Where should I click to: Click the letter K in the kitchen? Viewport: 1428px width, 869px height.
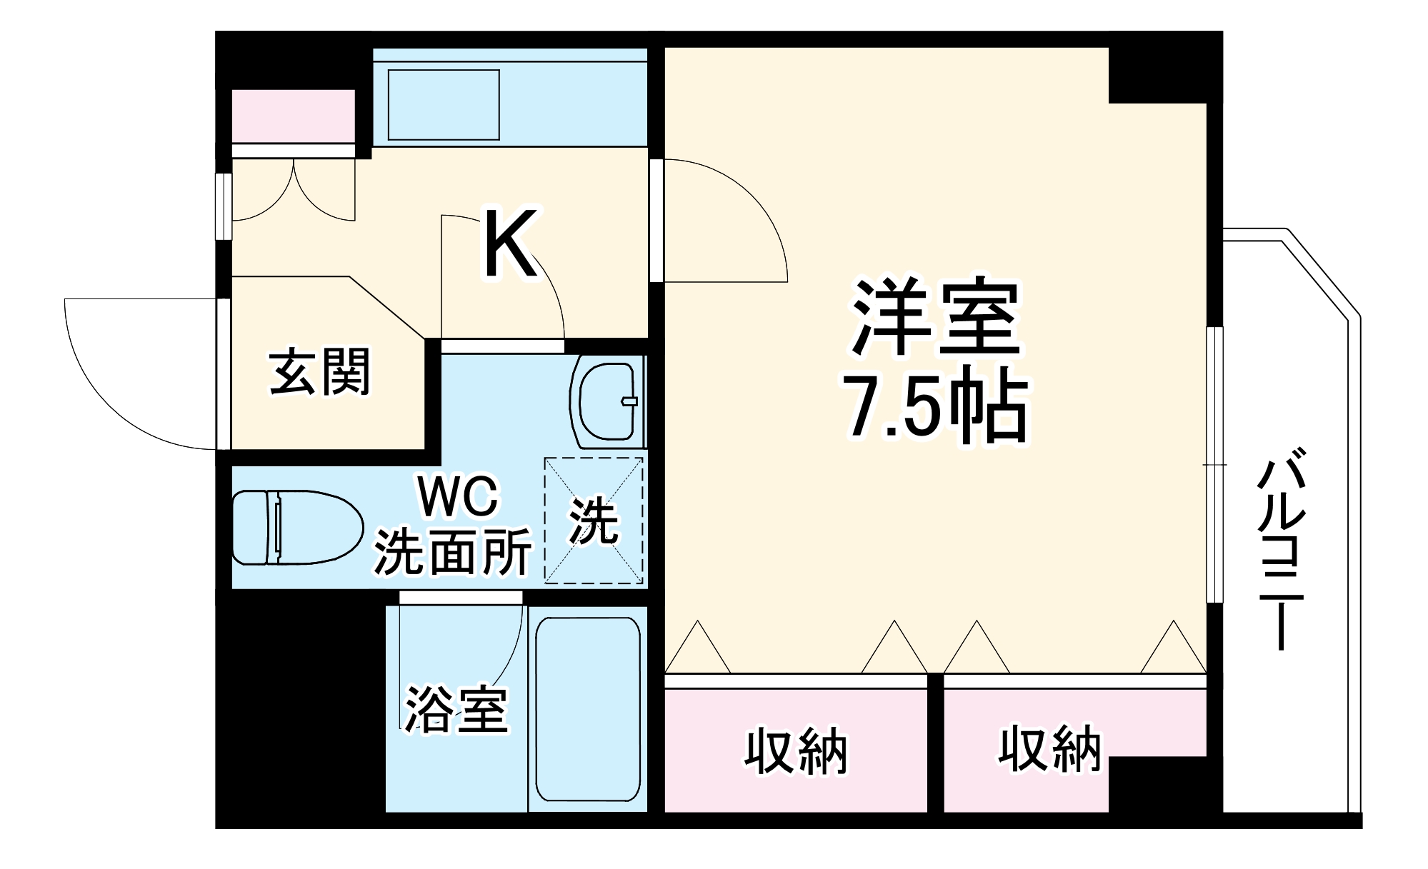[x=510, y=244]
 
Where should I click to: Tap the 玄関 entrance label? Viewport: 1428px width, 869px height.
[x=320, y=372]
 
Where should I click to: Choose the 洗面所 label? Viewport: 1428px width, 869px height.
[x=453, y=552]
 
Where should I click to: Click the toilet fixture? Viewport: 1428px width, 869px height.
[x=296, y=527]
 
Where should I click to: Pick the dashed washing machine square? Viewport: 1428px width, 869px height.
[x=594, y=521]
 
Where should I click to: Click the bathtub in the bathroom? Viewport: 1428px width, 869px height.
[x=587, y=709]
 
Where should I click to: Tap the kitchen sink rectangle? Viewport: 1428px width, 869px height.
[x=443, y=105]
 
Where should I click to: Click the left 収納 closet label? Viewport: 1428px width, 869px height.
[x=796, y=751]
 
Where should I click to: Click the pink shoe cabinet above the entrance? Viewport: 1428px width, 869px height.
[x=294, y=116]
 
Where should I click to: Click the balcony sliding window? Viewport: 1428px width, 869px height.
[x=1214, y=464]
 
